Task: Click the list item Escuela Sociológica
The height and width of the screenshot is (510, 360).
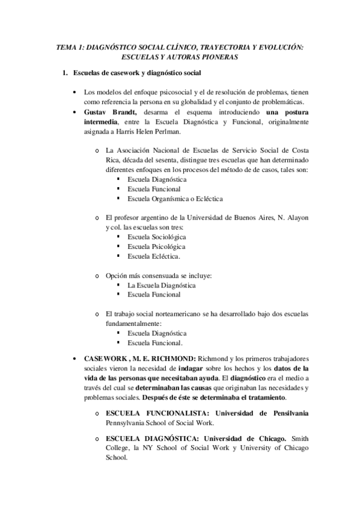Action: [x=153, y=237]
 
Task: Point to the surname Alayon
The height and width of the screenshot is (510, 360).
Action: [x=294, y=218]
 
